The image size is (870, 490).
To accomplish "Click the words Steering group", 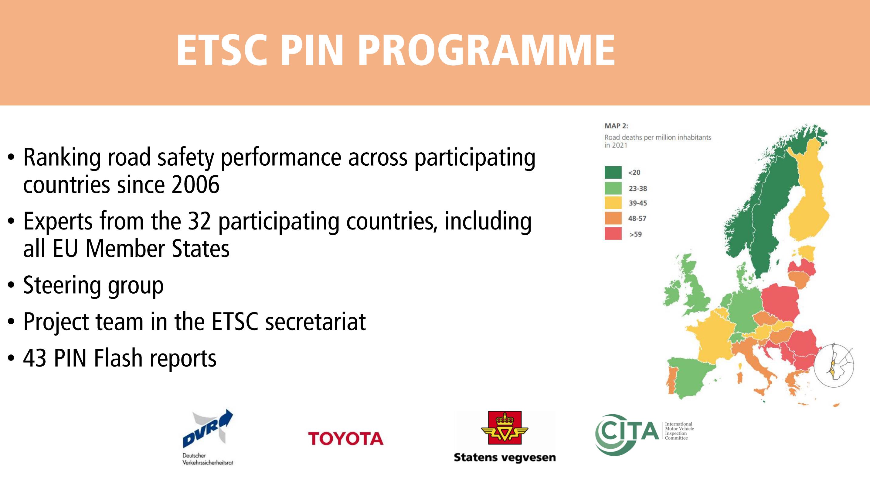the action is point(93,286).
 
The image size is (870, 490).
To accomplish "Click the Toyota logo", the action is point(346,438).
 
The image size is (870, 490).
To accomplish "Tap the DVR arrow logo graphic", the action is point(208,427).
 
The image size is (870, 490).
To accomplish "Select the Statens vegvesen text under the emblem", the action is point(505,457).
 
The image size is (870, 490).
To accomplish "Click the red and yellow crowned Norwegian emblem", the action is point(505,428).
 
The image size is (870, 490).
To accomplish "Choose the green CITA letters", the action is point(627,432).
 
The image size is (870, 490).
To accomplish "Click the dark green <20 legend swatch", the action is point(613,172).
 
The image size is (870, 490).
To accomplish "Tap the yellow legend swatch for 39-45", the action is point(613,203).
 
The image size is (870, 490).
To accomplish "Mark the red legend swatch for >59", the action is point(613,234).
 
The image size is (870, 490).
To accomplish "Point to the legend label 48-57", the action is point(637,219).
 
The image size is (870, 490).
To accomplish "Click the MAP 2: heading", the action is point(616,126).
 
